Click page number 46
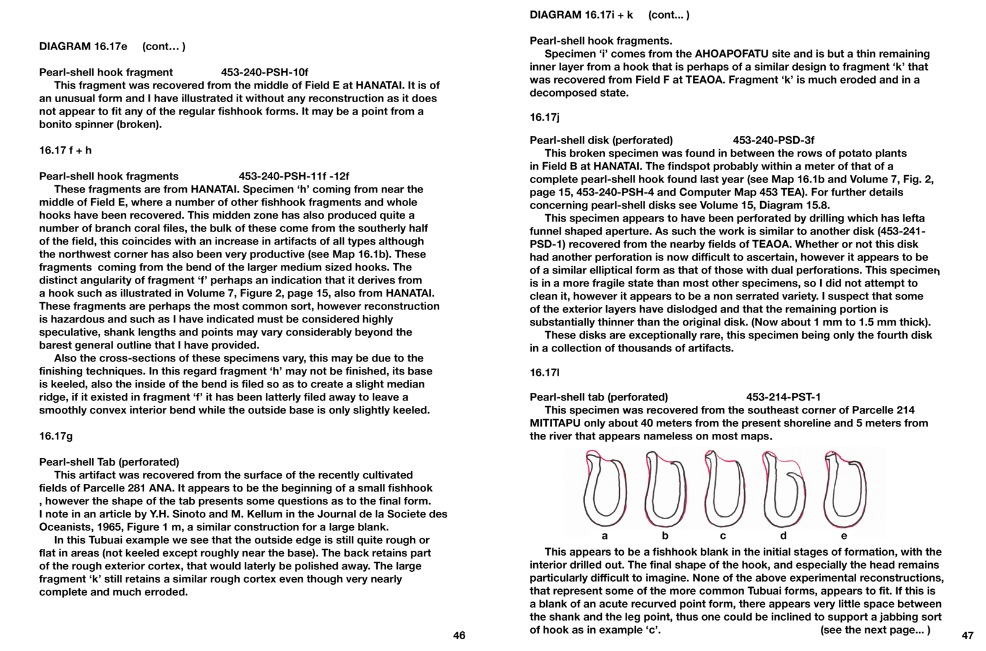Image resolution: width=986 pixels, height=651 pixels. pos(459,636)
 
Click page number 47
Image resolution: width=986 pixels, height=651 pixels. pos(967,636)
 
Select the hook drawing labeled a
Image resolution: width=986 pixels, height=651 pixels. pos(604,489)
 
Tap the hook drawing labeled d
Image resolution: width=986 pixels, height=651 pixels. pos(783,489)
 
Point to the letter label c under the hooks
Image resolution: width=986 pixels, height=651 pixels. pos(722,536)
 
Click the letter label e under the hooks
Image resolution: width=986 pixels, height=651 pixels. pos(844,536)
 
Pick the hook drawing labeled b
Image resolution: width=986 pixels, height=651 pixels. pos(665,489)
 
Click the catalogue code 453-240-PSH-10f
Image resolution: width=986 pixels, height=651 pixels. pos(265,72)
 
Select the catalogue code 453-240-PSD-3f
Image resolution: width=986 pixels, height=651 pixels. pos(773,140)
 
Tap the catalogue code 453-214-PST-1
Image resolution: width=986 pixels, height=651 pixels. pos(783,397)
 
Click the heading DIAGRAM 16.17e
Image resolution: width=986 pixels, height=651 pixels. pos(83,46)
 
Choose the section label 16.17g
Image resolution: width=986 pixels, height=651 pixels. pos(56,436)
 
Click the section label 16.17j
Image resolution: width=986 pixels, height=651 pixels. pos(544,117)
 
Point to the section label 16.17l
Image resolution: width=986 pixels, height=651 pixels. pos(544,373)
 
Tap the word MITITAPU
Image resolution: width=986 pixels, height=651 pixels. pos(558,423)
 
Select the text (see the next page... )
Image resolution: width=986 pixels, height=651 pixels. pos(875,630)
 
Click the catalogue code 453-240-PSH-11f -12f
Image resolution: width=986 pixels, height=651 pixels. pos(294,176)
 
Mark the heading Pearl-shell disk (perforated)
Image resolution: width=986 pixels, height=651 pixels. pos(601,140)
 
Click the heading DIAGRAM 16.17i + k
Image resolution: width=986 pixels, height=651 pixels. pos(581,15)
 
